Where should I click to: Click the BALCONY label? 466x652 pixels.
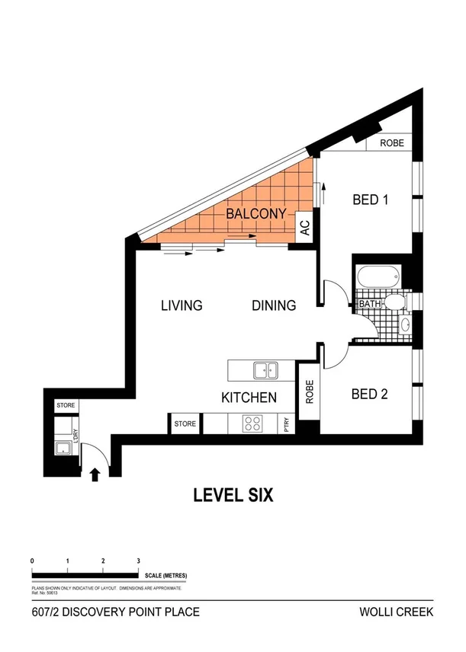[255, 214]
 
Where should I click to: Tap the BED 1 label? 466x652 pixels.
[371, 200]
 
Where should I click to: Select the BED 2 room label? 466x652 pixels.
[370, 395]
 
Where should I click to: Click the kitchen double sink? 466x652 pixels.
[265, 371]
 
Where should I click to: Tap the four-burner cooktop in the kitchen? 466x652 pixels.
[252, 423]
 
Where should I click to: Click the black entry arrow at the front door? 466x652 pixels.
[95, 475]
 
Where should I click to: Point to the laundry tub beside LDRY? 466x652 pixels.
[63, 448]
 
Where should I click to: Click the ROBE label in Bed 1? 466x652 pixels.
[392, 142]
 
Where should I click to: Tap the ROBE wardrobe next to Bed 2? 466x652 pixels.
[310, 392]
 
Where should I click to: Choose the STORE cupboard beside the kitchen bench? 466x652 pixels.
[185, 423]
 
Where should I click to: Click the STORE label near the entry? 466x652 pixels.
[66, 406]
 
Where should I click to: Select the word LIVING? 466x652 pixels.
[182, 306]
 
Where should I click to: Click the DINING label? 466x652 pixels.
[274, 306]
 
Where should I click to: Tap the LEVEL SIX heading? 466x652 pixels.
[233, 495]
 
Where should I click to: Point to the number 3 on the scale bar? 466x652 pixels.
[138, 561]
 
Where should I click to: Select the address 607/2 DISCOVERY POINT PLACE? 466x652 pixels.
[115, 612]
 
